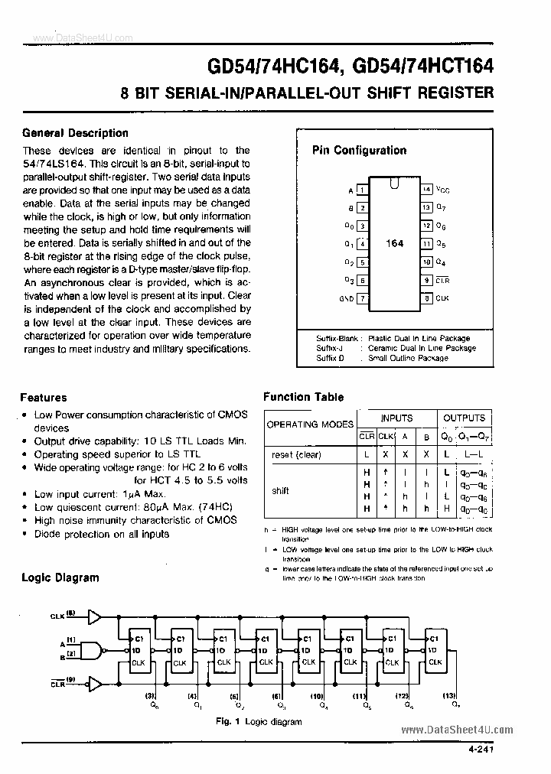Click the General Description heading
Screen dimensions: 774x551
pyautogui.click(x=75, y=132)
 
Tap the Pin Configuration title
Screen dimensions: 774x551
pyautogui.click(x=359, y=151)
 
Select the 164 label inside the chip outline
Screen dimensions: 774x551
pyautogui.click(x=394, y=243)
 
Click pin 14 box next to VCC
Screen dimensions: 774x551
pyautogui.click(x=427, y=189)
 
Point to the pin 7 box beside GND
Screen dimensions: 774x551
pyautogui.click(x=363, y=298)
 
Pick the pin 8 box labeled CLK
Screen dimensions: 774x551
pyautogui.click(x=427, y=298)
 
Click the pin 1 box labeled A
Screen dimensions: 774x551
pyautogui.click(x=363, y=189)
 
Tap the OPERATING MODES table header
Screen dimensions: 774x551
pyautogui.click(x=310, y=424)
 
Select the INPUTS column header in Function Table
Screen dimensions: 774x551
pyautogui.click(x=396, y=418)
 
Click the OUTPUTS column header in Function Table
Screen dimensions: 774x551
pyautogui.click(x=464, y=418)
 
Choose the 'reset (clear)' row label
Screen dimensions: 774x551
pyautogui.click(x=296, y=455)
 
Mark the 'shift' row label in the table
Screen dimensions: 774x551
pyautogui.click(x=280, y=491)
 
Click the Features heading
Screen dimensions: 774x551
pyautogui.click(x=43, y=398)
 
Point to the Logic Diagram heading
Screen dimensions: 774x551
pyautogui.click(x=60, y=577)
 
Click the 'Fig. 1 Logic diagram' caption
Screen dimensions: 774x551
pyautogui.click(x=259, y=721)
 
